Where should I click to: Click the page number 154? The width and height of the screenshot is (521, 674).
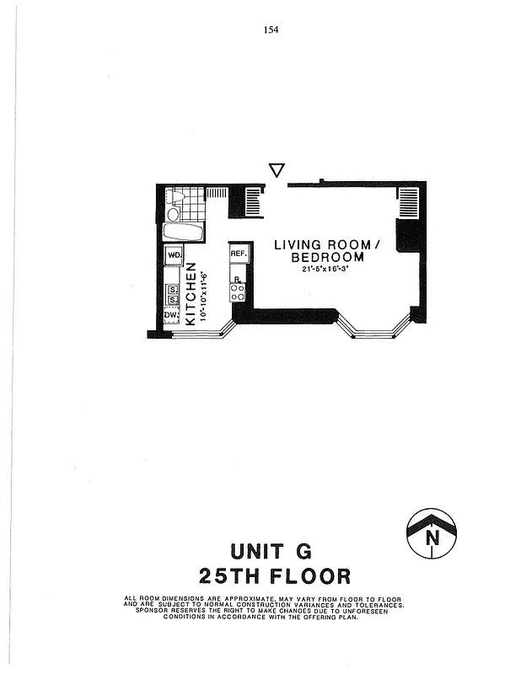tap(271, 29)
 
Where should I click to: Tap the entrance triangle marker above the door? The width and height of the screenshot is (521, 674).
tap(276, 170)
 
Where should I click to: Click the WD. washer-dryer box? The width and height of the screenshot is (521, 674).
tap(175, 254)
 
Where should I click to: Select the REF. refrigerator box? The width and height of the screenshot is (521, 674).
tap(238, 254)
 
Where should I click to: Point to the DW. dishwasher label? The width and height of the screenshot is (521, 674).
tap(172, 315)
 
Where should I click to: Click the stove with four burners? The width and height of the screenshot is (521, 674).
tap(238, 291)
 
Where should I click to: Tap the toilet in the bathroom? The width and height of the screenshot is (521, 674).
tap(175, 197)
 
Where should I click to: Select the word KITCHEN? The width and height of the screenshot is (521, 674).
tap(191, 293)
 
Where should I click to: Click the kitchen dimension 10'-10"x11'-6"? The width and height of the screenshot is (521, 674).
tap(203, 294)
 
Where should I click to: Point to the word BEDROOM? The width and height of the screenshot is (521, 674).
tap(327, 258)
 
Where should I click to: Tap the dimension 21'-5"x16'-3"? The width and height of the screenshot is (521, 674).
tap(327, 270)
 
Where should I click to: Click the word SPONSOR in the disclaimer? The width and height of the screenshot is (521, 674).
tap(155, 611)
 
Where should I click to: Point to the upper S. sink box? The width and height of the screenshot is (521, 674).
tap(172, 291)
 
